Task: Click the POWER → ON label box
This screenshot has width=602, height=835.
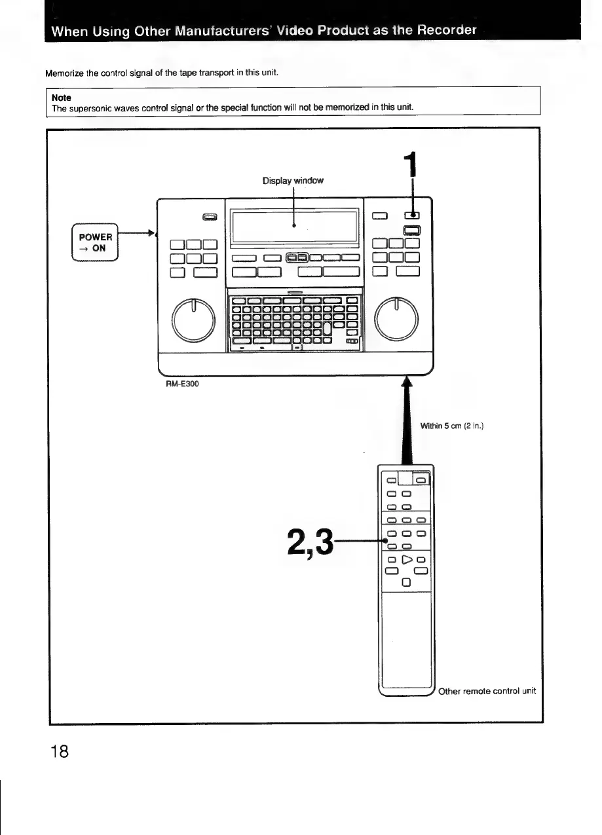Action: tap(96, 242)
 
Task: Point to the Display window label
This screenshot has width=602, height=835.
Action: tap(293, 180)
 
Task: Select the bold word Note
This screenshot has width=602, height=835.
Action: tap(62, 97)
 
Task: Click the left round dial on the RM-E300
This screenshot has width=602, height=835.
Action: tap(193, 320)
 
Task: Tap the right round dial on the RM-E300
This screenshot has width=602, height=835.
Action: tap(396, 320)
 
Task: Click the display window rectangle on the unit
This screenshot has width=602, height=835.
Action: tap(293, 225)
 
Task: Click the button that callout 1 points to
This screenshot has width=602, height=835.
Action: tap(411, 215)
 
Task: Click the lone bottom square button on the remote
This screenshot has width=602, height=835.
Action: tap(406, 582)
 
